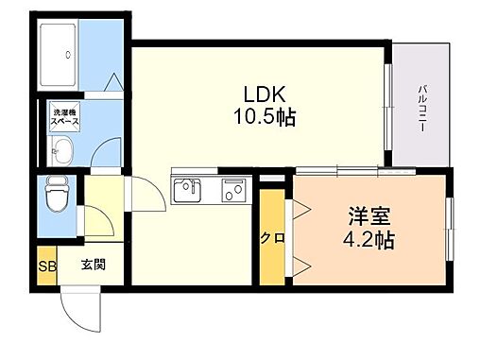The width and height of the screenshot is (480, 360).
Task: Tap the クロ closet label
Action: (271, 237)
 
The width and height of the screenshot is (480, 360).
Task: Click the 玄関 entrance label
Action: (93, 265)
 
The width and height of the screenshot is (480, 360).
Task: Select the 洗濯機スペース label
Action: (65, 118)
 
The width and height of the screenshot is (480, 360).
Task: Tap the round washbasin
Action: (63, 148)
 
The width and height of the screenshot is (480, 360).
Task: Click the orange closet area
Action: (271, 236)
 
